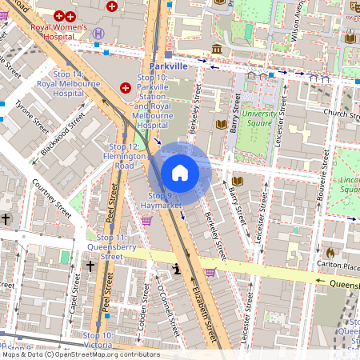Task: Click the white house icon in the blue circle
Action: point(180,171)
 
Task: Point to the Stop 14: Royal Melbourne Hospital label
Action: point(58,82)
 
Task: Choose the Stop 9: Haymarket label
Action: point(158,201)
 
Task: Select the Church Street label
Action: point(339,113)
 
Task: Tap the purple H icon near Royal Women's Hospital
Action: point(98,34)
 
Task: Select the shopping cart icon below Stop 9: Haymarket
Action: point(147,221)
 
